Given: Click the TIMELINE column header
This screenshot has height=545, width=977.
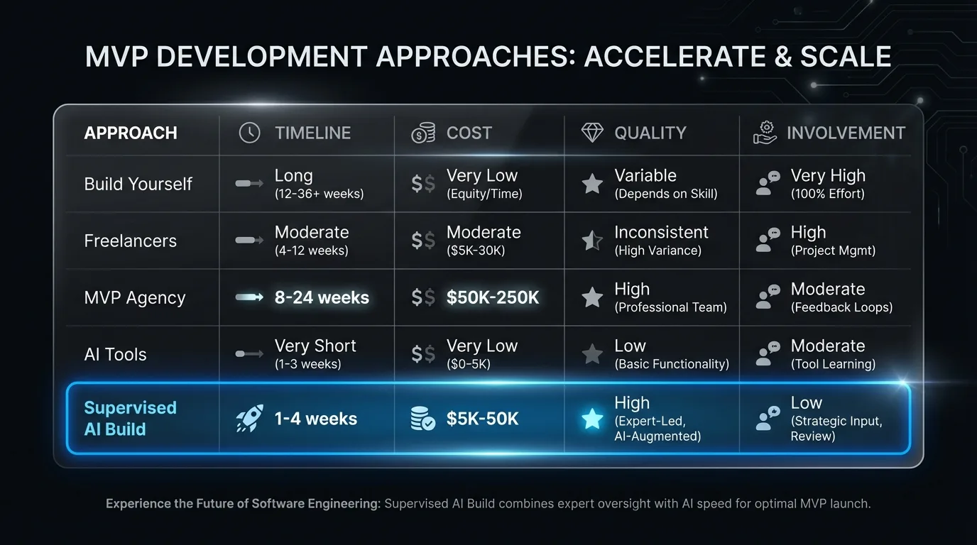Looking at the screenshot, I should pyautogui.click(x=312, y=133).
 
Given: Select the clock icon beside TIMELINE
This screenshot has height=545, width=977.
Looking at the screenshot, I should pyautogui.click(x=249, y=133).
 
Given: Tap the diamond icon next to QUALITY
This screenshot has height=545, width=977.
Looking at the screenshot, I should pyautogui.click(x=592, y=133).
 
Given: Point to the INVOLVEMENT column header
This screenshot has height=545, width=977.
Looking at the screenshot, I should pyautogui.click(x=846, y=133).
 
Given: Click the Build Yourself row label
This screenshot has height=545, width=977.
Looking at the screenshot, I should pyautogui.click(x=138, y=184).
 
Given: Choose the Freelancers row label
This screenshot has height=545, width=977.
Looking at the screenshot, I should pyautogui.click(x=130, y=241).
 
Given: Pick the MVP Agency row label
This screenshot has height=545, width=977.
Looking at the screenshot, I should pyautogui.click(x=134, y=297).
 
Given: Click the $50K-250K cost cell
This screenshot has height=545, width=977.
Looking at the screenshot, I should pyautogui.click(x=493, y=298).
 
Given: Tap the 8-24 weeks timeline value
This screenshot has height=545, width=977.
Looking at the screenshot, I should pyautogui.click(x=322, y=298).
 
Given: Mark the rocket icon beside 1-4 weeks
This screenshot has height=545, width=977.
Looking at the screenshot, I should pyautogui.click(x=249, y=419).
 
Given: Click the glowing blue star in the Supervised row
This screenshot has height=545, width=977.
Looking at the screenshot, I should pyautogui.click(x=592, y=419).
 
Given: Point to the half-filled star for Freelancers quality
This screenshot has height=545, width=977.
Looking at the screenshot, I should pyautogui.click(x=592, y=241).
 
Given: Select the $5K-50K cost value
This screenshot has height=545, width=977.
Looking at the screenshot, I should pyautogui.click(x=482, y=419).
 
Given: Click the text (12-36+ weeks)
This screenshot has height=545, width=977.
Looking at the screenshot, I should pyautogui.click(x=319, y=194).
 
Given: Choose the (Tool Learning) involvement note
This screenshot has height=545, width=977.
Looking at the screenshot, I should pyautogui.click(x=833, y=364).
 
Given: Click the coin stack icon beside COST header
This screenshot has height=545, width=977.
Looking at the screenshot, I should pyautogui.click(x=423, y=133).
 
